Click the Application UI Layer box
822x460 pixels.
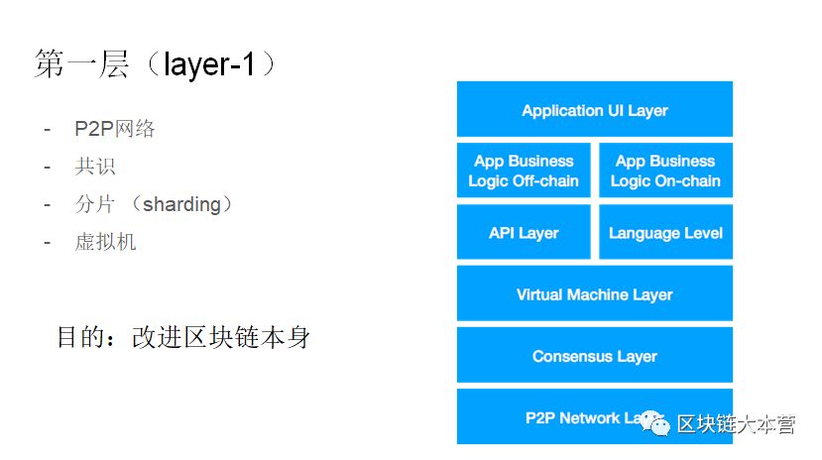pos(594,110)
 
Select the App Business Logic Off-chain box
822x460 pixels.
pos(524,172)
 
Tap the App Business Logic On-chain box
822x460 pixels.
pos(664,172)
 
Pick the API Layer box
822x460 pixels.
pos(524,233)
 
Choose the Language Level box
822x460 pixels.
pos(664,233)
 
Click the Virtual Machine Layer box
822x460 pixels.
pos(594,294)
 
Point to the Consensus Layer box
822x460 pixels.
pos(594,356)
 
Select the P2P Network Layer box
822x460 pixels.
pos(555,417)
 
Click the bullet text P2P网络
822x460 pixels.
pos(114,130)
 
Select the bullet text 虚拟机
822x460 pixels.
pos(104,242)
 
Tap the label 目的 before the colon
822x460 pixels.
pos(81,337)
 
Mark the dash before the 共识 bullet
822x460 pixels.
pos(46,167)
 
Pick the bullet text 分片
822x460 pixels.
pos(94,204)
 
